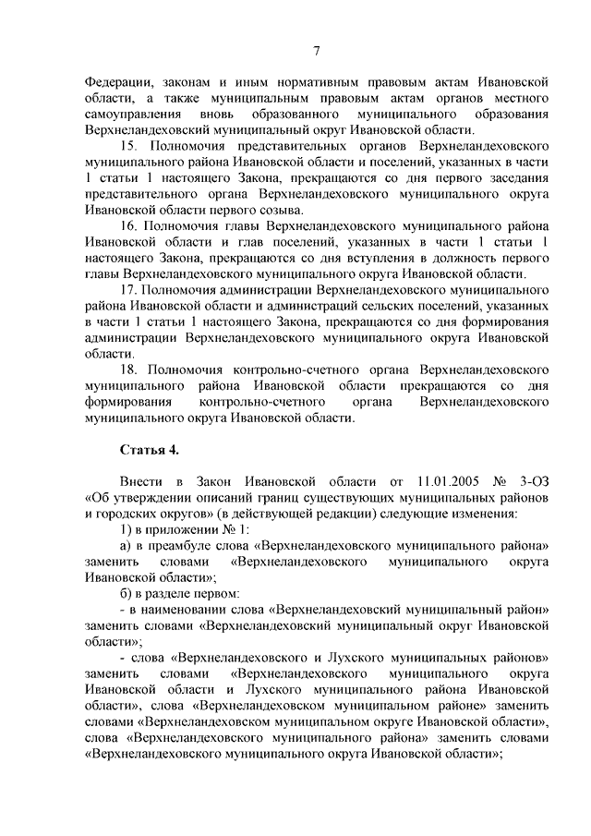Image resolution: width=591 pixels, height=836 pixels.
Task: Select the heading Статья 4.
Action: (x=150, y=450)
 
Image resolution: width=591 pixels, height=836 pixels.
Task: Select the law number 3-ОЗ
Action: (x=534, y=482)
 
